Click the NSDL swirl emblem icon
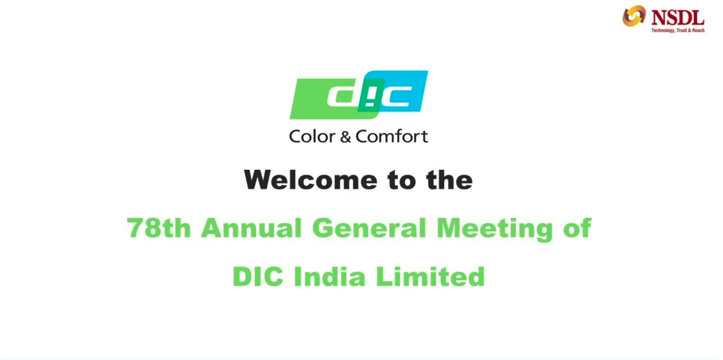coord(634,16)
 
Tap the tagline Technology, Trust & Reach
coord(678,30)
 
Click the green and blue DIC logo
coord(359,95)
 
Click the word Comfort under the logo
coord(392,137)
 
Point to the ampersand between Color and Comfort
coord(346,137)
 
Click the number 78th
coord(159,228)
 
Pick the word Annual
coord(251,228)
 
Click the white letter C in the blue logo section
coord(396,96)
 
